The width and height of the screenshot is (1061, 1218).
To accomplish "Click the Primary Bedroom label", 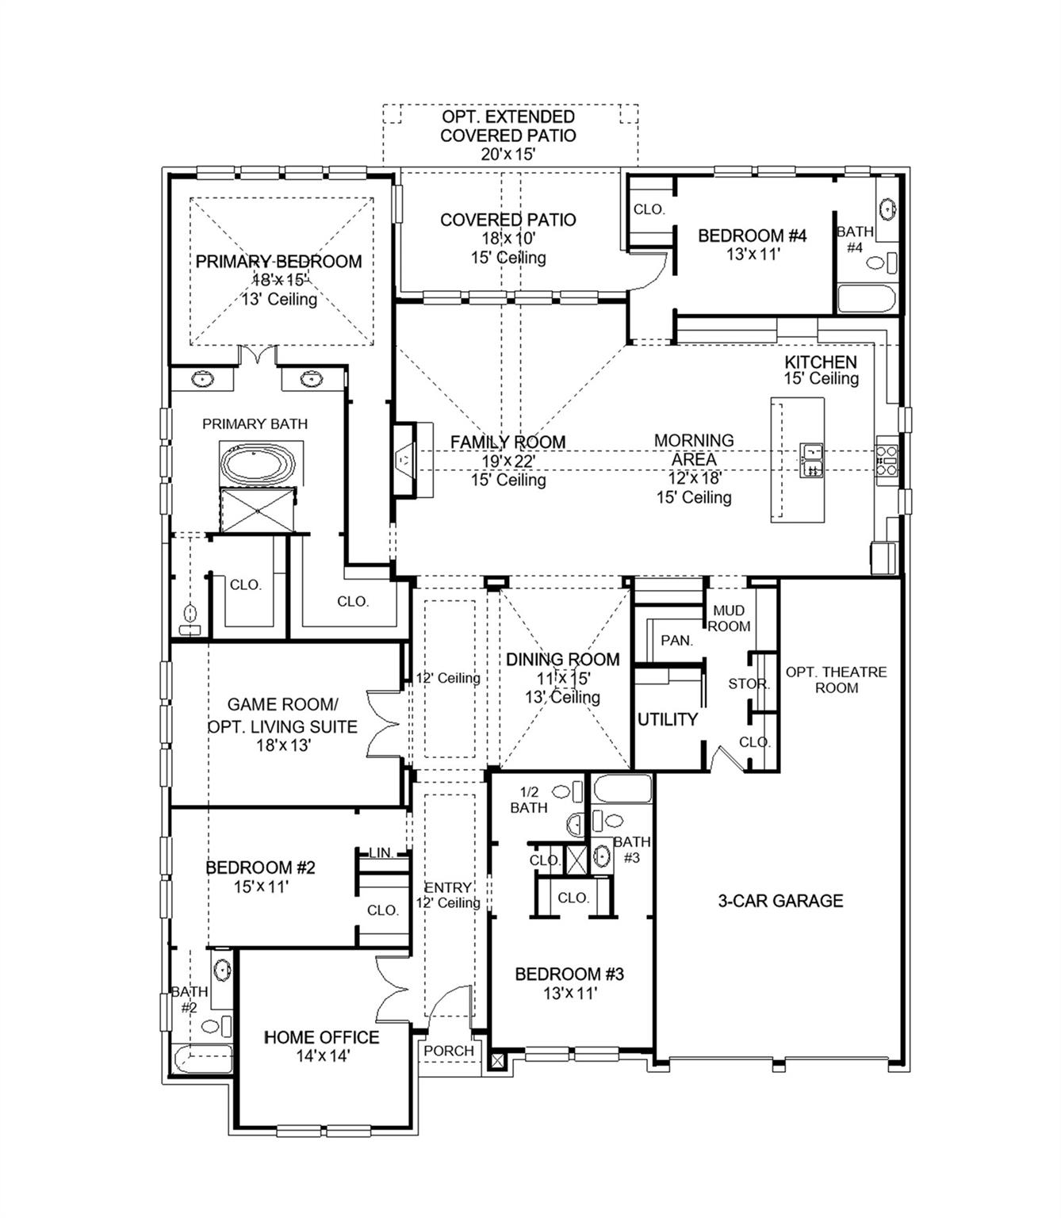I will (278, 262).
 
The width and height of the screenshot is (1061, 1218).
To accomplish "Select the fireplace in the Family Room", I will (405, 460).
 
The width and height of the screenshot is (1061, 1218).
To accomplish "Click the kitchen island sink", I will (812, 461).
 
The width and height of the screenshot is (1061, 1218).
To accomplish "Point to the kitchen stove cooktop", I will (886, 461).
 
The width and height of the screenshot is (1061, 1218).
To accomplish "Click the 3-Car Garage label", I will (780, 901).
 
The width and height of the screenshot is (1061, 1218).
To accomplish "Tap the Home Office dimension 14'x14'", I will (322, 1056).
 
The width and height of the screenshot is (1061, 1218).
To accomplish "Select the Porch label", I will (449, 1051).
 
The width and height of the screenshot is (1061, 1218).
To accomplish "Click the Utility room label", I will (668, 719).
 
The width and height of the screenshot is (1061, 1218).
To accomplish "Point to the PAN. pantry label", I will (676, 640).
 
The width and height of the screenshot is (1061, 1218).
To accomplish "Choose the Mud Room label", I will (729, 619).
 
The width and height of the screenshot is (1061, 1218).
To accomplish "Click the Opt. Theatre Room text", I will (836, 680).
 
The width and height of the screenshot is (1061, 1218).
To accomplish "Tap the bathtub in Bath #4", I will (867, 300).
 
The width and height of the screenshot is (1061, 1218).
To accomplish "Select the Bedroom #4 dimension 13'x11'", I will (753, 255).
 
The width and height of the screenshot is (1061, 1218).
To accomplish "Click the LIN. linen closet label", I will (381, 853).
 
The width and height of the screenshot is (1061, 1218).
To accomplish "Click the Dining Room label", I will (563, 659).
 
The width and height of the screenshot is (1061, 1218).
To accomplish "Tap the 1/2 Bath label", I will (529, 800).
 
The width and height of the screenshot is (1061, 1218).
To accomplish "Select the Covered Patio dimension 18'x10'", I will (508, 239).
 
